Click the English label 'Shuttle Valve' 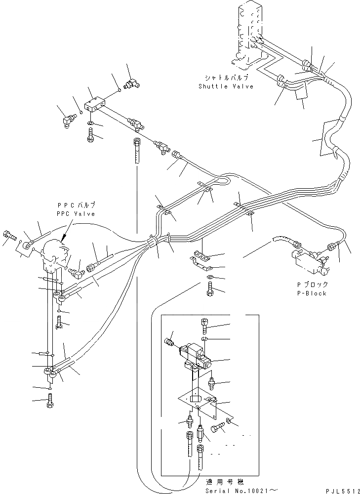click(226, 86)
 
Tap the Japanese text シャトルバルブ click(226, 78)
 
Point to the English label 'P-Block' click(312, 293)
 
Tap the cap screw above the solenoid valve click(206, 327)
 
